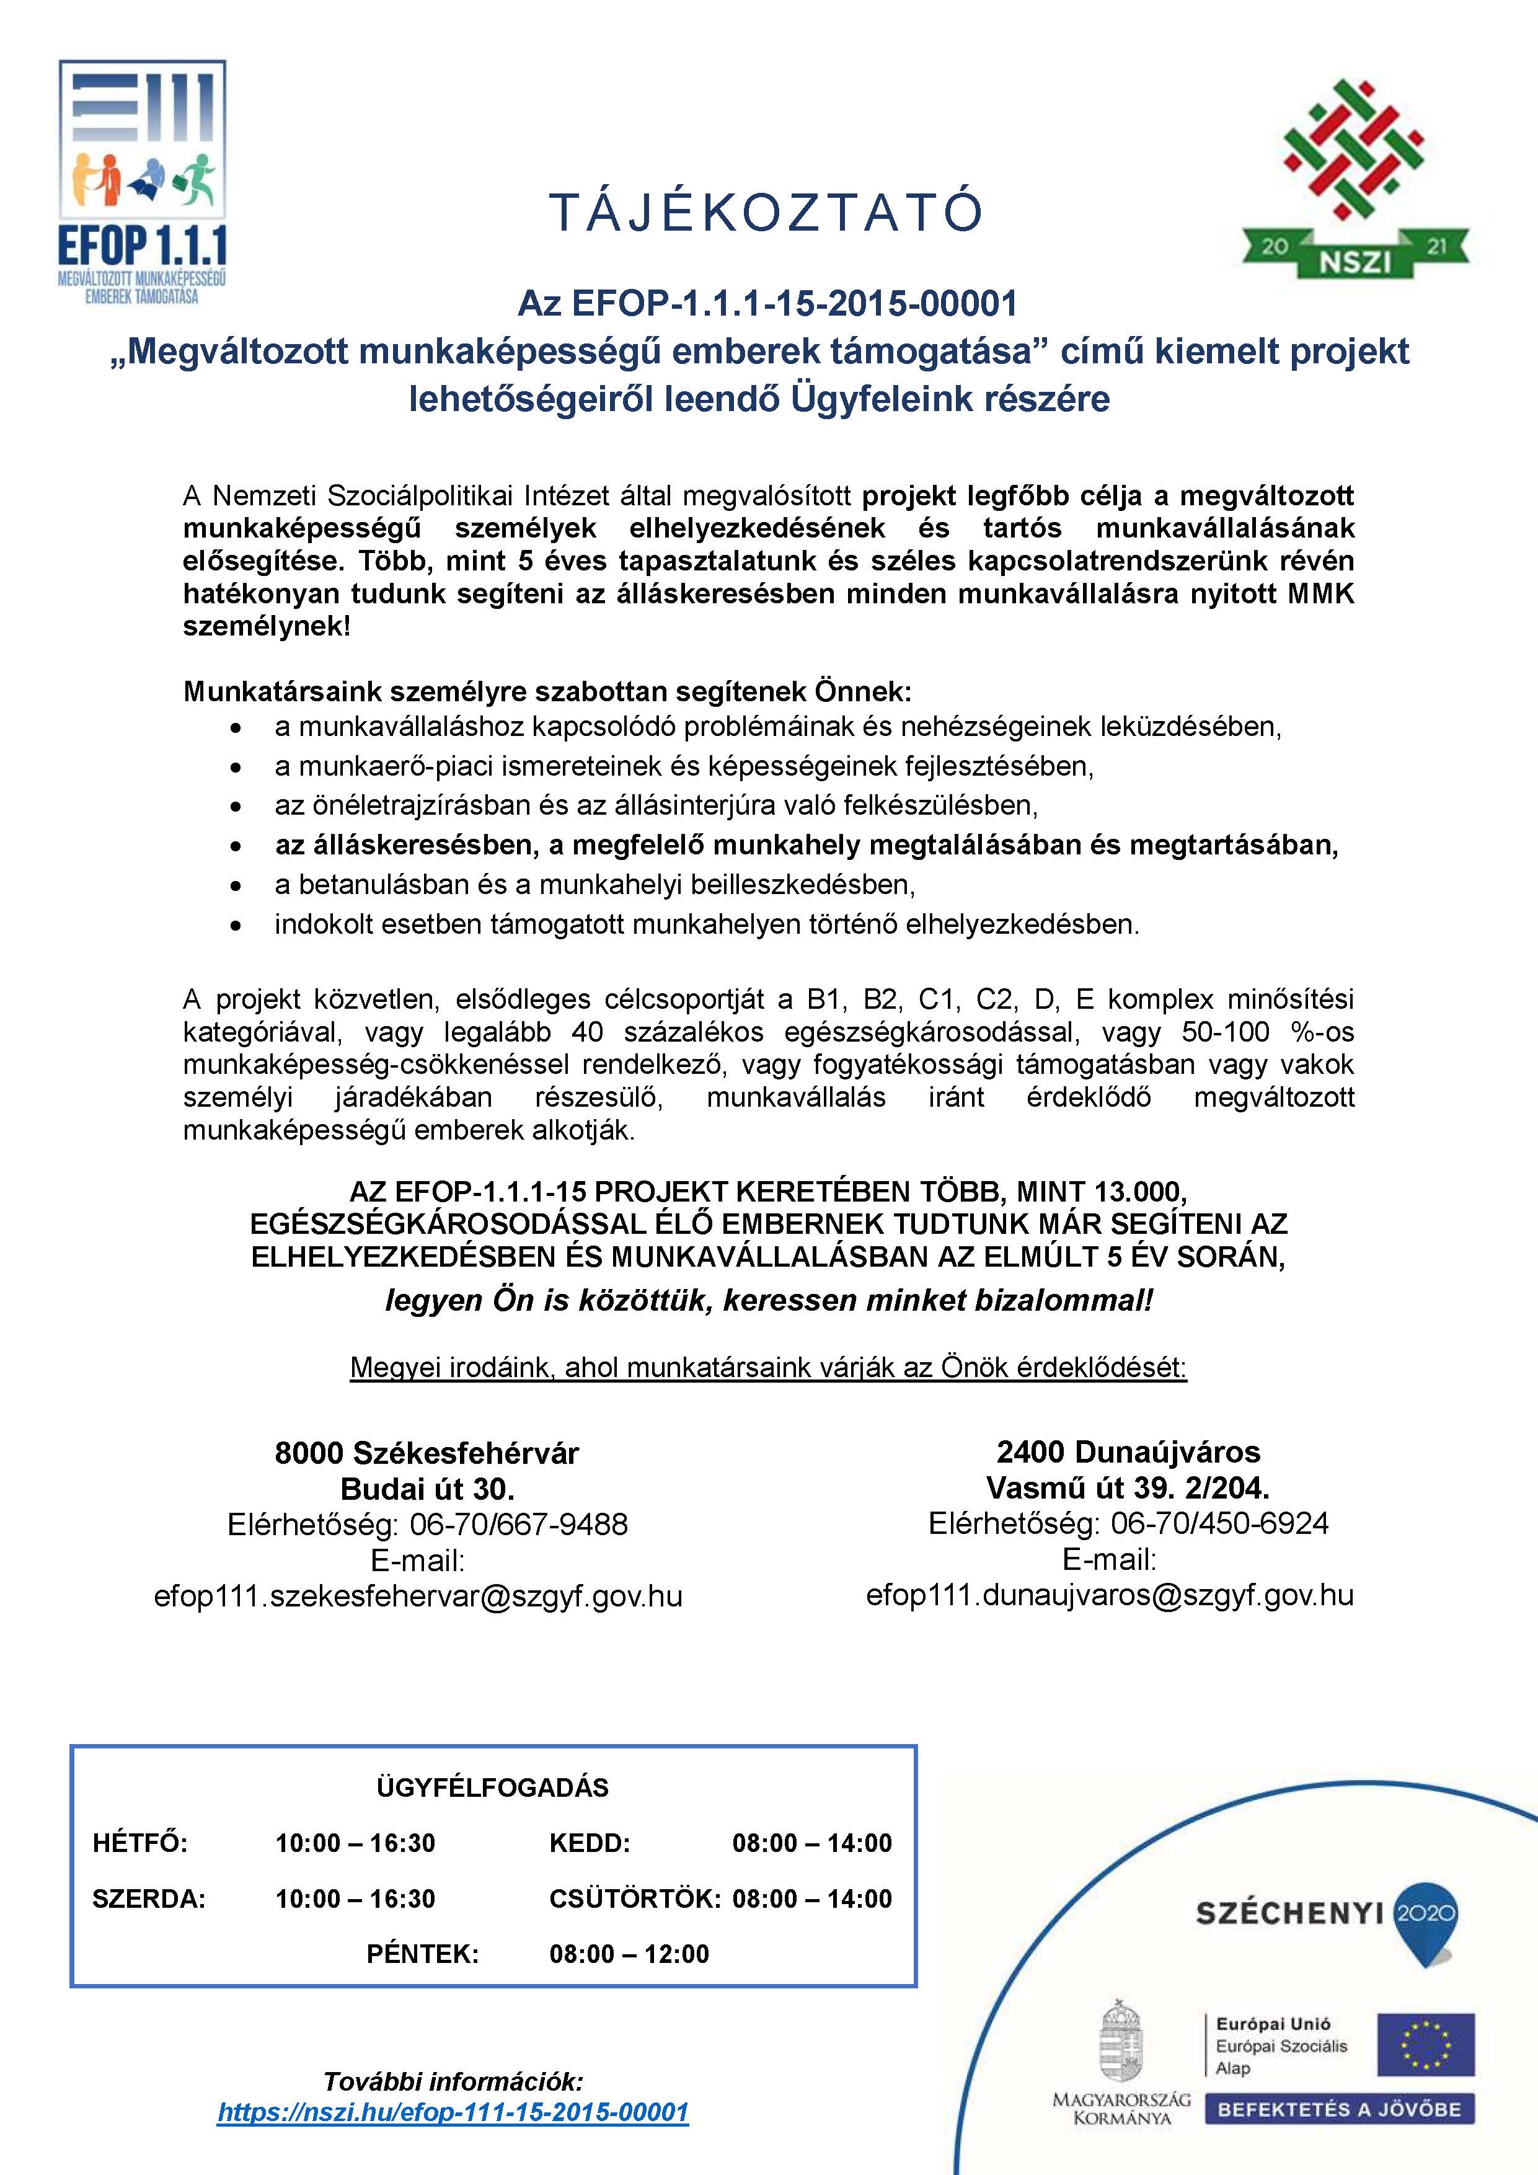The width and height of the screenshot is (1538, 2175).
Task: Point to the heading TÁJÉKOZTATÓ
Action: pyautogui.click(x=767, y=213)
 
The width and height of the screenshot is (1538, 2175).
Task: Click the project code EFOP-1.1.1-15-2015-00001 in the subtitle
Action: pyautogui.click(x=795, y=304)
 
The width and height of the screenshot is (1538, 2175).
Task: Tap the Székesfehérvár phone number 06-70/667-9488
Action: pyautogui.click(x=518, y=1524)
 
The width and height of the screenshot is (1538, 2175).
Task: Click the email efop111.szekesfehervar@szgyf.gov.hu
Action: pyautogui.click(x=418, y=1596)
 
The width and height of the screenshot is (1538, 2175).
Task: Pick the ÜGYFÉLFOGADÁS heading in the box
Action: pyautogui.click(x=492, y=1787)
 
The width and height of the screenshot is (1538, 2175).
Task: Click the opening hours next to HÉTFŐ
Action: pyautogui.click(x=355, y=1843)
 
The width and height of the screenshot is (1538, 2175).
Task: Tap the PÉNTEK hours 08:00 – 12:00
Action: pyautogui.click(x=629, y=1953)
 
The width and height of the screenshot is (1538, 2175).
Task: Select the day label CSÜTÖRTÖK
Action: pyautogui.click(x=635, y=1898)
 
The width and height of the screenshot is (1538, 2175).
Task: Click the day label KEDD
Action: pyautogui.click(x=589, y=1843)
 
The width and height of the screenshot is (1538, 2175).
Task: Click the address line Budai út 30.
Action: pyautogui.click(x=427, y=1489)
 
